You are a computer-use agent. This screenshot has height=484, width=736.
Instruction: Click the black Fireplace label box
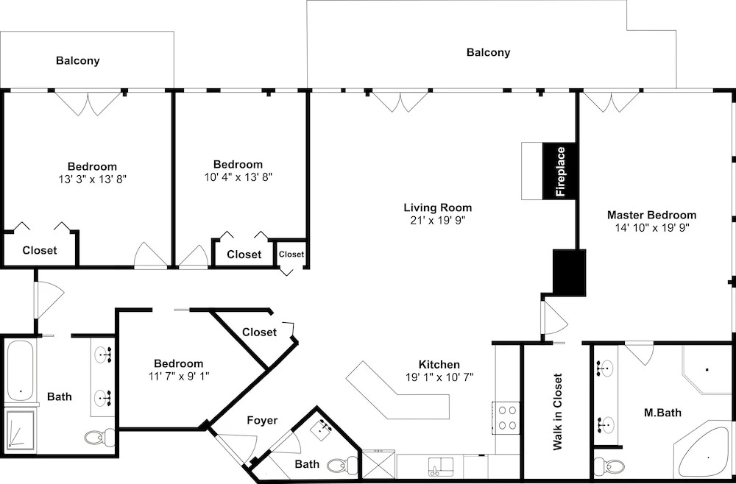[559, 171]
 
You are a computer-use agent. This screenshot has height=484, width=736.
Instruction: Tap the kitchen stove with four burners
[506, 417]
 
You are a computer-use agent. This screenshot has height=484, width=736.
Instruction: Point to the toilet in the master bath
[609, 466]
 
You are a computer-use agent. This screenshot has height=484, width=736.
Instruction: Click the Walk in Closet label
[558, 411]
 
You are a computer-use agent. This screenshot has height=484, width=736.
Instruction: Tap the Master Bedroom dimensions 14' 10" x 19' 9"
[652, 229]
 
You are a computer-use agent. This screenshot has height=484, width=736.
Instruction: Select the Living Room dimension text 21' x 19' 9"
[438, 221]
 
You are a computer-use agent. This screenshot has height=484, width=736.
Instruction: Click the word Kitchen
[439, 364]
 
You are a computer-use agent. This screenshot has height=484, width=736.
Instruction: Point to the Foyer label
[263, 421]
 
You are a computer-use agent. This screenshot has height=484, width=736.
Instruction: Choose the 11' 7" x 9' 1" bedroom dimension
[179, 376]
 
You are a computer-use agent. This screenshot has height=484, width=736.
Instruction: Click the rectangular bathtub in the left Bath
[20, 371]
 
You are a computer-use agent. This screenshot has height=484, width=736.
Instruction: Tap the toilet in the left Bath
[100, 438]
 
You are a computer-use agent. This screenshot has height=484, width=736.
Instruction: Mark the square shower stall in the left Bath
[20, 431]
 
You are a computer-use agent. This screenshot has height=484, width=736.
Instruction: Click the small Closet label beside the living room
[291, 255]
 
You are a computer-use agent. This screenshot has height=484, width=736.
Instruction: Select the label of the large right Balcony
[488, 52]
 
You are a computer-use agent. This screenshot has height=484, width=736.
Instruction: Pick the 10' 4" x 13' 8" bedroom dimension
[239, 177]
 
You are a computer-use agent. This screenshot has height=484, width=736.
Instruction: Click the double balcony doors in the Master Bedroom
[611, 102]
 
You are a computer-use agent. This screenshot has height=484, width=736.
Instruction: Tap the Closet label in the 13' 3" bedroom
[40, 250]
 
